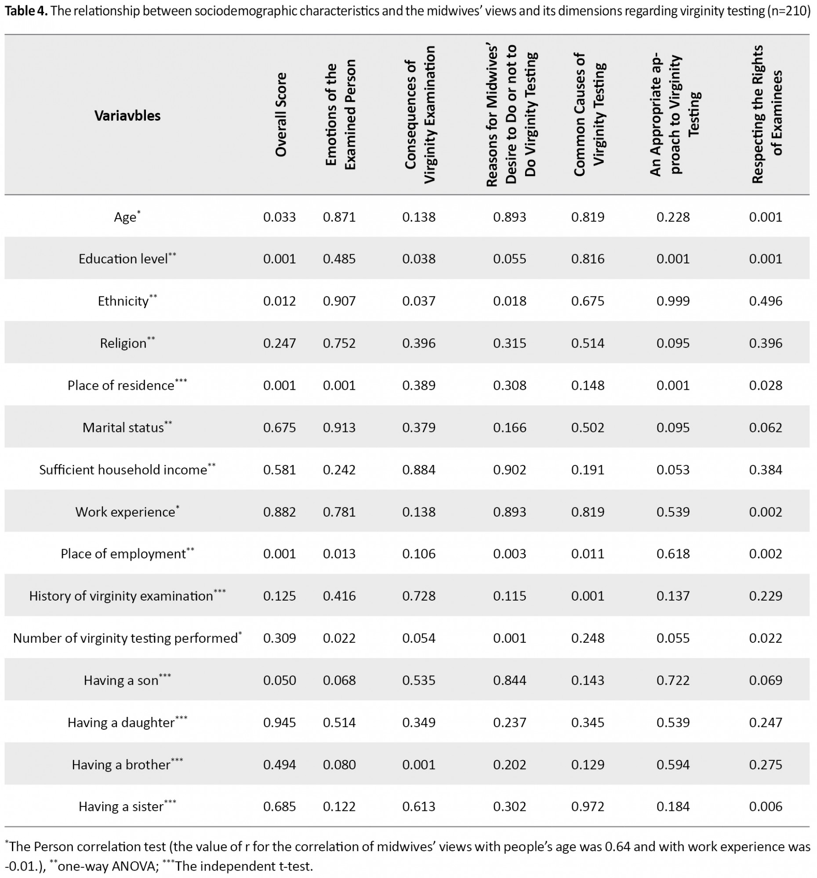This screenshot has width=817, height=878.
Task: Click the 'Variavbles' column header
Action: point(127,116)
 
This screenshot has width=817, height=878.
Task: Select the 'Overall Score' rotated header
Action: point(281,115)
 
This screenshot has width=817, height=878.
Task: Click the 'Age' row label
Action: point(125,217)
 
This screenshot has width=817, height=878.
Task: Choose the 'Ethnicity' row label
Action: point(123,301)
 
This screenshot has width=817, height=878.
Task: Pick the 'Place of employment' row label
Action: point(123,554)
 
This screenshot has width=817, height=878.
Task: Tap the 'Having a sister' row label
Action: point(121,807)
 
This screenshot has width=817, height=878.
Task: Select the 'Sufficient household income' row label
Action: point(123,470)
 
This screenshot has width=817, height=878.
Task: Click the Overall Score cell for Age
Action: point(280,217)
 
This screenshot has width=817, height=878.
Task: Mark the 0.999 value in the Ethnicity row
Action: point(673,301)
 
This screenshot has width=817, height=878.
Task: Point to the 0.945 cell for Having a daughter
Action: point(280,723)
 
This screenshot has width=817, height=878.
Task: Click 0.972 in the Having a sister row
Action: point(588,807)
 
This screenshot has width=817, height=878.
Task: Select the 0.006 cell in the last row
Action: point(765,807)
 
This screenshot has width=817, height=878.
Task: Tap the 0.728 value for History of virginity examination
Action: point(419,596)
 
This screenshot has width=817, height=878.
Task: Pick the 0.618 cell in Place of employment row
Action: point(673,554)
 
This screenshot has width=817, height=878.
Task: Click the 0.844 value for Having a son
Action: point(510,680)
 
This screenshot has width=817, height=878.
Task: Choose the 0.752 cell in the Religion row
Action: point(339,344)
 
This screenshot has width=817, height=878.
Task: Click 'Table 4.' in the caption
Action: point(25,11)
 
